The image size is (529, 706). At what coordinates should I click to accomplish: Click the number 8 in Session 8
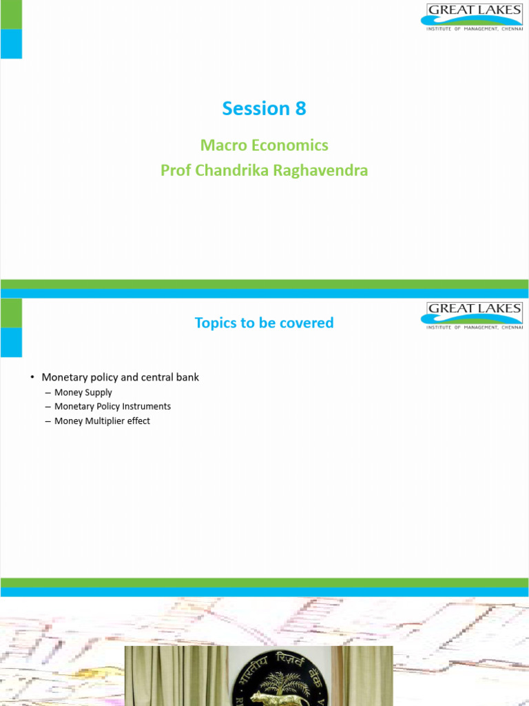[x=300, y=109]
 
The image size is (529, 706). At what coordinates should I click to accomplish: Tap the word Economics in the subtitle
[x=289, y=145]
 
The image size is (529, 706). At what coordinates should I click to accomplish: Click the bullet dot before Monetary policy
[x=32, y=378]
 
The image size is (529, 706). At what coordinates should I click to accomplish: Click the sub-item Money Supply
[x=83, y=392]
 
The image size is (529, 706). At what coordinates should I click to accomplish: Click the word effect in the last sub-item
[x=138, y=421]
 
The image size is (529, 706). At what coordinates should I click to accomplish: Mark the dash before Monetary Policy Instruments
[x=47, y=407]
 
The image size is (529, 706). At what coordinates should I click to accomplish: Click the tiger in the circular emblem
[x=269, y=698]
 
